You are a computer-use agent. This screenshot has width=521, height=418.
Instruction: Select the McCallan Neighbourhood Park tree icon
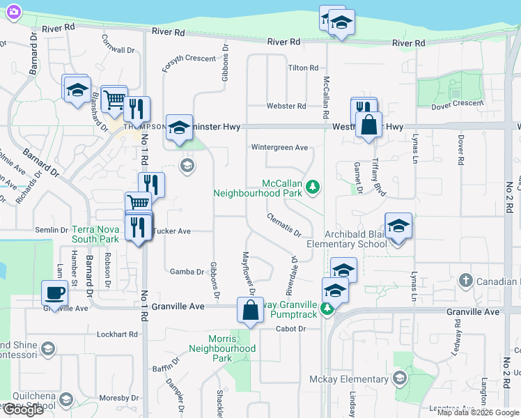click(x=313, y=186)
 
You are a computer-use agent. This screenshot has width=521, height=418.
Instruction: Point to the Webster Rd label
click(x=286, y=106)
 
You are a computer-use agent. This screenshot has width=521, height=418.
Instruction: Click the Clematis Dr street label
click(x=283, y=224)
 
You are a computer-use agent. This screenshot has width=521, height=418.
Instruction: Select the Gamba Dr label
click(x=184, y=272)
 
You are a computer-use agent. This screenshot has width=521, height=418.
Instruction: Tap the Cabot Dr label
click(x=291, y=329)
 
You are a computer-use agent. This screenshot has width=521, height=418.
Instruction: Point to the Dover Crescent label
click(x=457, y=103)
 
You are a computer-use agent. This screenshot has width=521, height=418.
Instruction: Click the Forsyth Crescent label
click(x=189, y=59)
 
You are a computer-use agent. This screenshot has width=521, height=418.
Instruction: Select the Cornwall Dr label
click(x=117, y=49)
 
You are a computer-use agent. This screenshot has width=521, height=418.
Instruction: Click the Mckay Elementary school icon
click(x=399, y=379)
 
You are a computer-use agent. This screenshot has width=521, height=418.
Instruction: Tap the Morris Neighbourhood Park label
click(x=222, y=348)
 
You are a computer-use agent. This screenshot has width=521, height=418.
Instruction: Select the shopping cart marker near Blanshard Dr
click(x=114, y=100)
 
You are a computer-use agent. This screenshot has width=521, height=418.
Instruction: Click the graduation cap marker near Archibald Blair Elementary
click(x=398, y=226)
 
